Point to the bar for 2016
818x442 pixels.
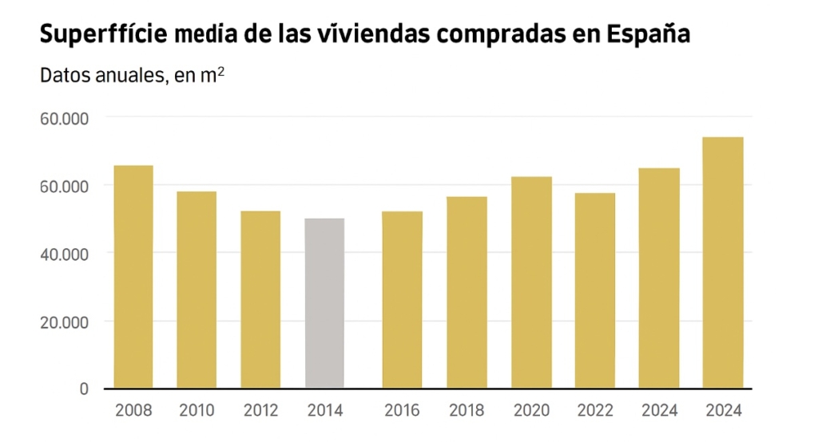click(402, 300)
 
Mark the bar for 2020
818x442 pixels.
click(531, 282)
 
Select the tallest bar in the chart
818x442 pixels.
click(723, 262)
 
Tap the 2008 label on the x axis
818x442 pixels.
click(133, 411)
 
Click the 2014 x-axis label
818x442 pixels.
click(324, 411)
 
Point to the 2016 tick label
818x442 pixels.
click(402, 411)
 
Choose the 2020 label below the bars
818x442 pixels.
click(531, 411)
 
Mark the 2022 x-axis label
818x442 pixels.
click(595, 411)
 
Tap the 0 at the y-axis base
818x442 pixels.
click(84, 389)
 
